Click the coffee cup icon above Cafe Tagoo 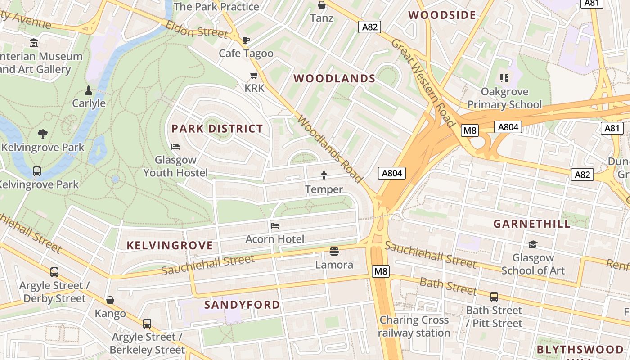(x=246, y=40)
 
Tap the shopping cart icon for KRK (x=254, y=75)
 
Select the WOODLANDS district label (x=334, y=78)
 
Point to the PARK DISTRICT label (x=217, y=129)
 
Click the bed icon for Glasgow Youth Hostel (x=175, y=147)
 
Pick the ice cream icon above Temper (x=324, y=175)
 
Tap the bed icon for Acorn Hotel (x=275, y=225)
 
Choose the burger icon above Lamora (x=334, y=251)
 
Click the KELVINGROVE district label (x=170, y=245)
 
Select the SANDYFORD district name (x=242, y=305)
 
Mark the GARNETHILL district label (x=532, y=224)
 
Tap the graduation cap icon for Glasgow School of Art (x=533, y=244)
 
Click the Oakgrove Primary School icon (x=504, y=78)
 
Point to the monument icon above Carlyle (x=89, y=90)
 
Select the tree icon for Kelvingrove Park (x=43, y=134)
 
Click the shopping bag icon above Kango (x=110, y=300)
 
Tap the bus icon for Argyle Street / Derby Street (x=54, y=272)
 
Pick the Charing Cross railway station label (x=414, y=326)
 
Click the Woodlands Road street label (x=329, y=149)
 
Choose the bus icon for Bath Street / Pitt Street (x=494, y=297)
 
